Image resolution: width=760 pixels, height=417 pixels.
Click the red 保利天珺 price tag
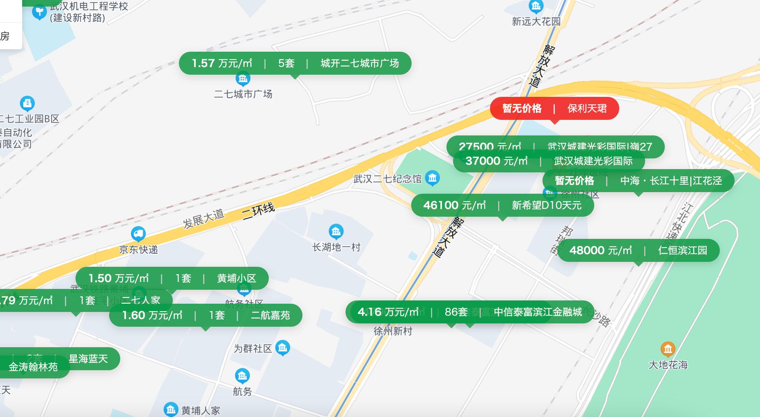554,108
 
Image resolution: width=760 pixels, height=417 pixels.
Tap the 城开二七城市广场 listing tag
295,63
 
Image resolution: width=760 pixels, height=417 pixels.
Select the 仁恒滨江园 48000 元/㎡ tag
638,250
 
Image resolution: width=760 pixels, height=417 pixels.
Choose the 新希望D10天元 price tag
502,205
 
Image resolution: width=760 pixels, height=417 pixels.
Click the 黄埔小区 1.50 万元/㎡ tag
172,278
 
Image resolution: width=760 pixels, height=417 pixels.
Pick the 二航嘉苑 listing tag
206,315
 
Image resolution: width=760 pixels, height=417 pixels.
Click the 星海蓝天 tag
88,359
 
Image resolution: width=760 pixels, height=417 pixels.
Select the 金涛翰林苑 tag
33,367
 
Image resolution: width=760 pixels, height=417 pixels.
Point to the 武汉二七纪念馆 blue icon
433,178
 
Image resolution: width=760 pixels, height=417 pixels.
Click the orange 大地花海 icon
668,349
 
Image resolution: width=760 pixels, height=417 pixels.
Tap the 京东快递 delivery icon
138,234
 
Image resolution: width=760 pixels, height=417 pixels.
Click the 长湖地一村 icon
336,231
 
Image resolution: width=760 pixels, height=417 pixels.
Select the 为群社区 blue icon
282,348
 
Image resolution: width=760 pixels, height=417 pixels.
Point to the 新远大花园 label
536,21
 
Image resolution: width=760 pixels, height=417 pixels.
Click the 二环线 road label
258,211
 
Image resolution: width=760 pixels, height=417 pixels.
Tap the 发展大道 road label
204,218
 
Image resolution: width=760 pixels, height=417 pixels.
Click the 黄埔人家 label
201,410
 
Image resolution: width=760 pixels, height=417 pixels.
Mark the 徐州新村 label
393,331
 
